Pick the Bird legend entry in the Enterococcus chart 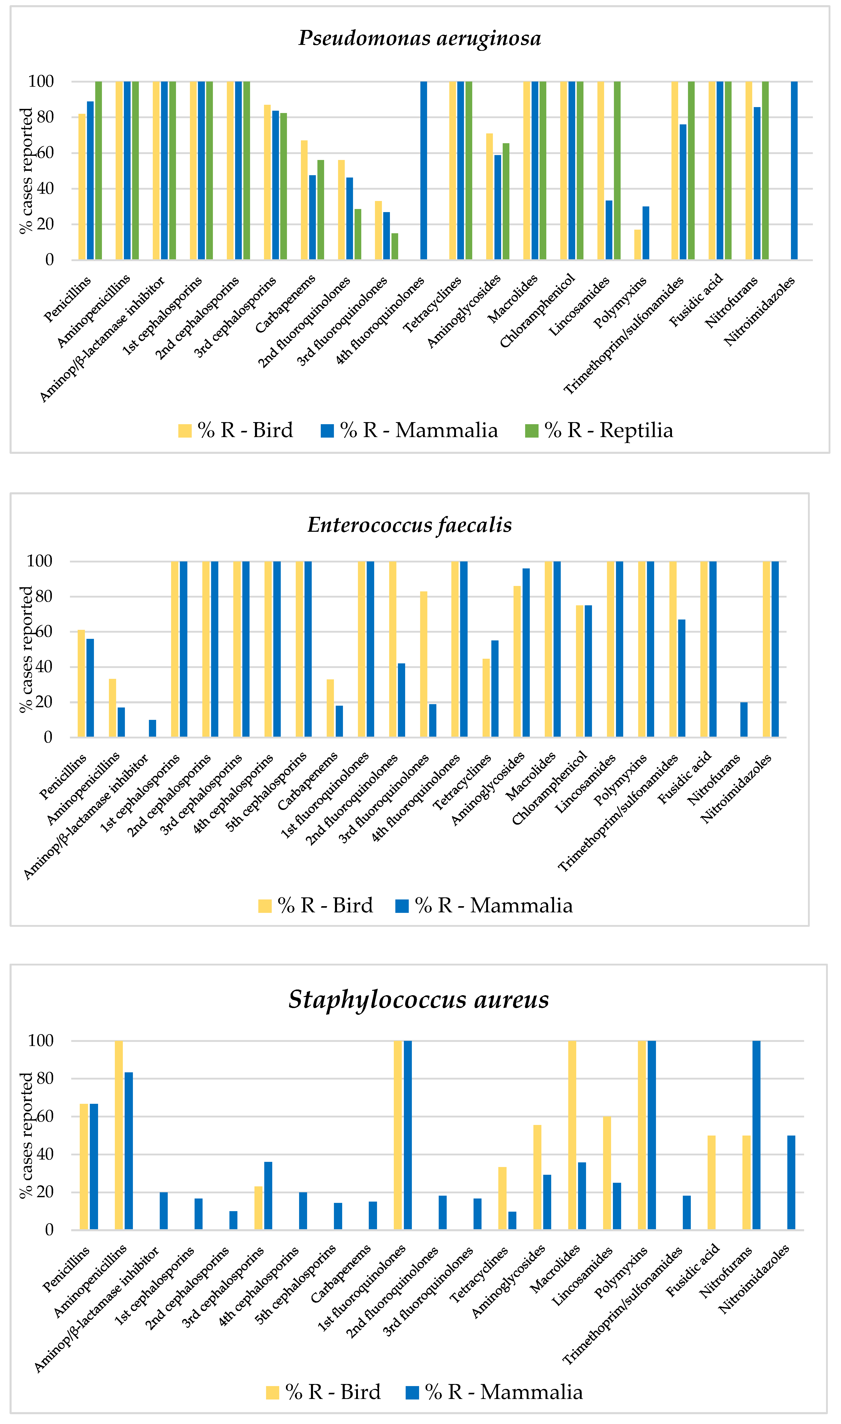click(316, 905)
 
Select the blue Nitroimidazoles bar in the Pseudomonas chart click(794, 170)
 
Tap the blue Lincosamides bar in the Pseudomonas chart click(609, 229)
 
